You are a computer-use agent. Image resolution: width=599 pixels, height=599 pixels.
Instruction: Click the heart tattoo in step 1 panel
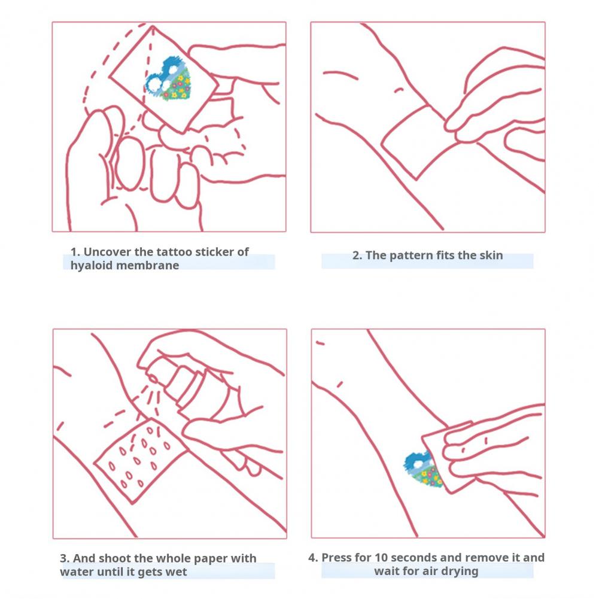[168, 80]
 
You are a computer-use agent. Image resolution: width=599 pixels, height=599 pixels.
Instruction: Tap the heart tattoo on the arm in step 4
[422, 469]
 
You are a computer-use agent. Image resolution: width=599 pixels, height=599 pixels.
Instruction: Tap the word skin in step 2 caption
[491, 255]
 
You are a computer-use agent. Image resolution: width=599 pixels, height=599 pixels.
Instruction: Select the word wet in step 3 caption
[178, 572]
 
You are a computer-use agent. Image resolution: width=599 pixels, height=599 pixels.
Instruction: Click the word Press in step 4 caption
[336, 558]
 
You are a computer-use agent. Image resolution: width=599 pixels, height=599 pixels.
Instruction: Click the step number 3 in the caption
[63, 558]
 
